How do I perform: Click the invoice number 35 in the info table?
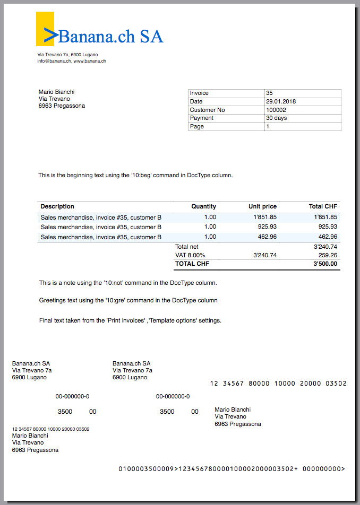(x=269, y=93)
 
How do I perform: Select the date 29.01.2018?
(x=281, y=101)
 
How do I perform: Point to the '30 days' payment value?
(x=276, y=118)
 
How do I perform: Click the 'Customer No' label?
(x=207, y=110)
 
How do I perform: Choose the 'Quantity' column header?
(x=203, y=206)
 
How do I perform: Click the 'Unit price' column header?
(x=262, y=206)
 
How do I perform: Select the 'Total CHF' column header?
(x=323, y=206)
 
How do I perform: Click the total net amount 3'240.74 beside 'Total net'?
(x=325, y=247)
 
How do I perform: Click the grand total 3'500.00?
(x=325, y=264)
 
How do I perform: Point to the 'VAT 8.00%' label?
(x=190, y=255)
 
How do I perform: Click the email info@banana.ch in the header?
(x=54, y=61)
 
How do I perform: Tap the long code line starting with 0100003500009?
(x=231, y=469)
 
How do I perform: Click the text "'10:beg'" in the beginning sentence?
(x=141, y=175)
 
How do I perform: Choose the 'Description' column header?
(x=57, y=206)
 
